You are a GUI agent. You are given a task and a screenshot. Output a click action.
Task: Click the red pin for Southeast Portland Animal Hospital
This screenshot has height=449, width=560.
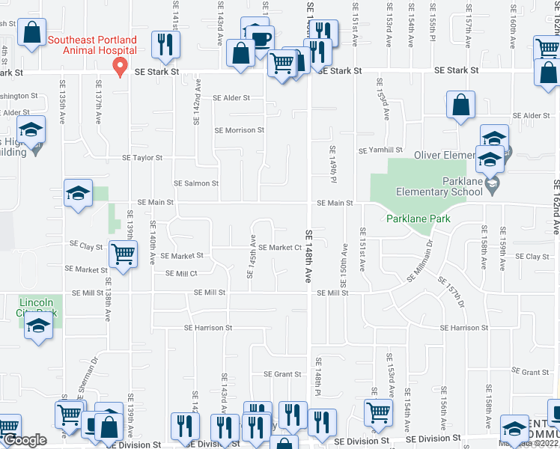118,67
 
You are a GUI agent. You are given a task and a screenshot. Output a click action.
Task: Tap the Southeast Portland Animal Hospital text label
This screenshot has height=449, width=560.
92,45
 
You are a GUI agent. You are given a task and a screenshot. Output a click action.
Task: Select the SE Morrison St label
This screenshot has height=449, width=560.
240,130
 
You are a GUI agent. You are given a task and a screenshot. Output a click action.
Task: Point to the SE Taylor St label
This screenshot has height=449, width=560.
142,158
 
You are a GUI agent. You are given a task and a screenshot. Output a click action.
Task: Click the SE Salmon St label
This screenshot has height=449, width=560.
196,183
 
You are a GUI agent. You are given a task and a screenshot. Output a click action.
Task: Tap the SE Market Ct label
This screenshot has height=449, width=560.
280,248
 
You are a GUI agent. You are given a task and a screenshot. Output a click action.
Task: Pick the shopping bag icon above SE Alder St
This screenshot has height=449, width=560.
461,106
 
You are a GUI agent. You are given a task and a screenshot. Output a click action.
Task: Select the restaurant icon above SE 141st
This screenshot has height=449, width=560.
164,44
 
